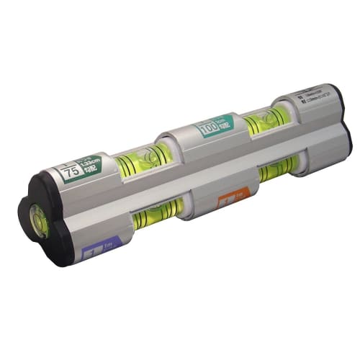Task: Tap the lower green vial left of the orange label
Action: tap(155, 215)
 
